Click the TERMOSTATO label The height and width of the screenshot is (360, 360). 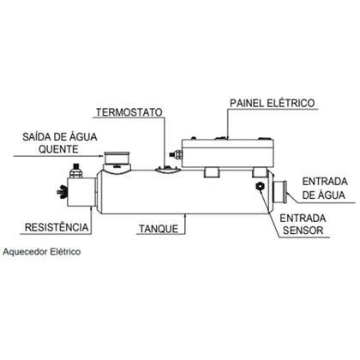point(129,112)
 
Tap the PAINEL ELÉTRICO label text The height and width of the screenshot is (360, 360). point(273,103)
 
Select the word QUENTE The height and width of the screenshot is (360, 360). point(58,149)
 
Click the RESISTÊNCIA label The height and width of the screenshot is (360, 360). point(57,227)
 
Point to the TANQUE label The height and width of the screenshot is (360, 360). point(159,229)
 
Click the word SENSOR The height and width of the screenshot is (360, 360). point(303,231)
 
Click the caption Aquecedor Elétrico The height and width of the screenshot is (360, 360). point(42,252)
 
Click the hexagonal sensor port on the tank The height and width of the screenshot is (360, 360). point(260,187)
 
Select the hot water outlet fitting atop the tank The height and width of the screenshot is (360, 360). point(117,160)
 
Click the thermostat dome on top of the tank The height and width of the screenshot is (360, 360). point(168,169)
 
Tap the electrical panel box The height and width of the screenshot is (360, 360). point(228,153)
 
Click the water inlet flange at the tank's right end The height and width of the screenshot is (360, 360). point(280,192)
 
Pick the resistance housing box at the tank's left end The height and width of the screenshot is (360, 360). point(81,192)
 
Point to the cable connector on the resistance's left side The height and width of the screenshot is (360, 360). point(63,191)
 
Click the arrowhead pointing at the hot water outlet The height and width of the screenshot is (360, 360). point(100,156)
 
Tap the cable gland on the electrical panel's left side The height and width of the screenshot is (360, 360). point(177,154)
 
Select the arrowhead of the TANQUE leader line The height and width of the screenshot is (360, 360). point(186,217)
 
